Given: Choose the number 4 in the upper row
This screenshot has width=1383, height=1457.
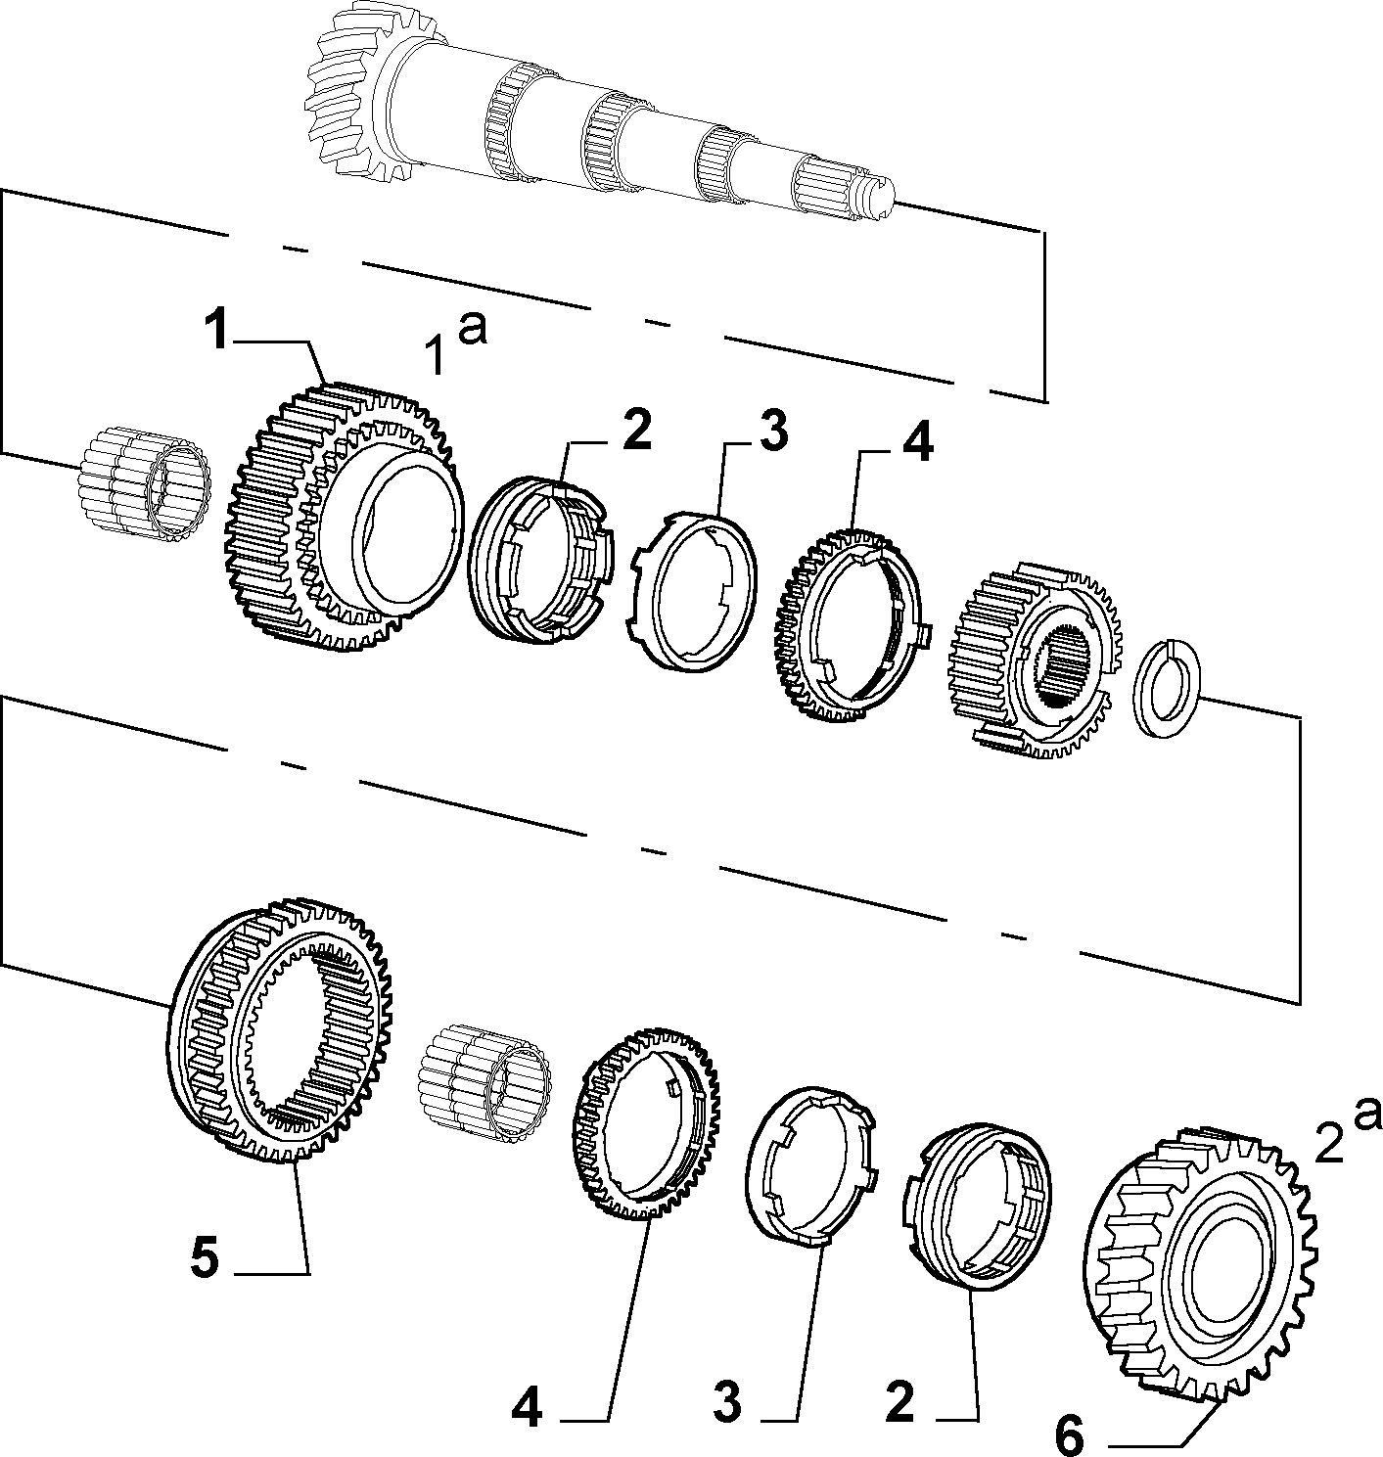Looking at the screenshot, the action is point(916,444).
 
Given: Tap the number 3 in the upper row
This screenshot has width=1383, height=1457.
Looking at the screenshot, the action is point(773,433).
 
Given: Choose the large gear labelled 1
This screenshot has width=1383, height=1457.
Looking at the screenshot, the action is point(344,518).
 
